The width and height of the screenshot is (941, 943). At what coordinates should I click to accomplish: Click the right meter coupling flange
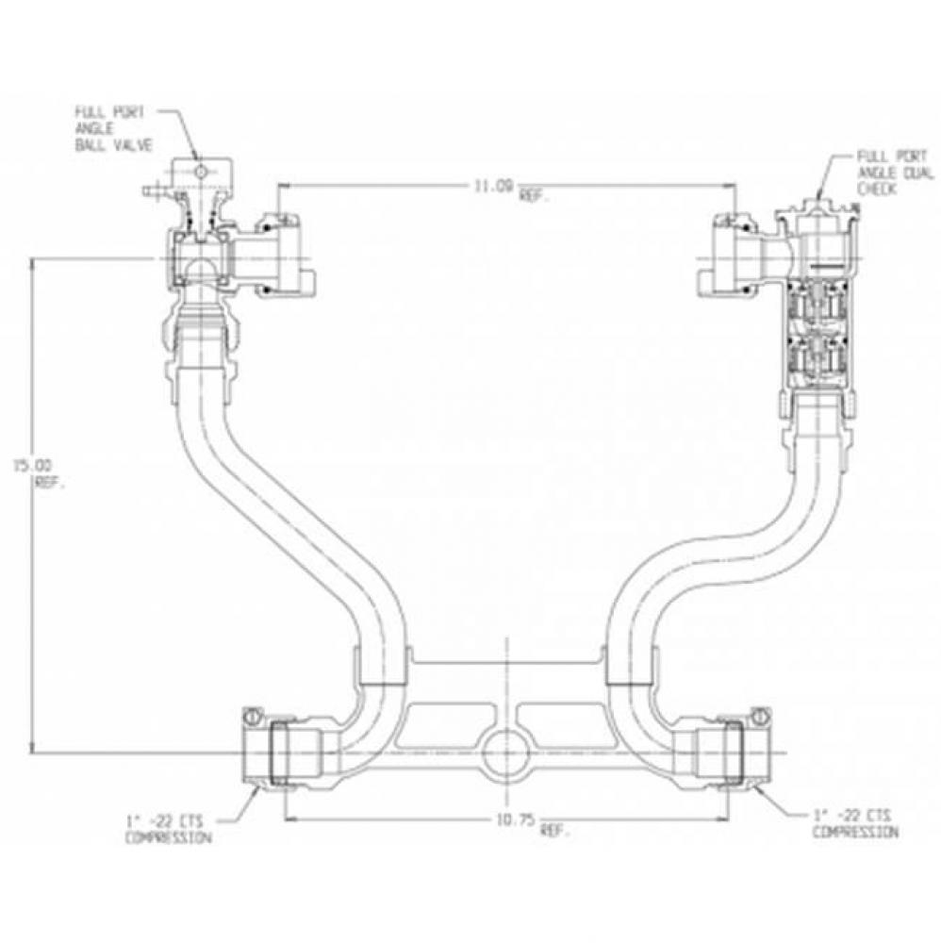[x=726, y=250]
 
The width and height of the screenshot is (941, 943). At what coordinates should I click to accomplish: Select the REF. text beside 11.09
[x=539, y=195]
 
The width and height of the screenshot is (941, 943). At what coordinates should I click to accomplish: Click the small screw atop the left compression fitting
[x=252, y=717]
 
